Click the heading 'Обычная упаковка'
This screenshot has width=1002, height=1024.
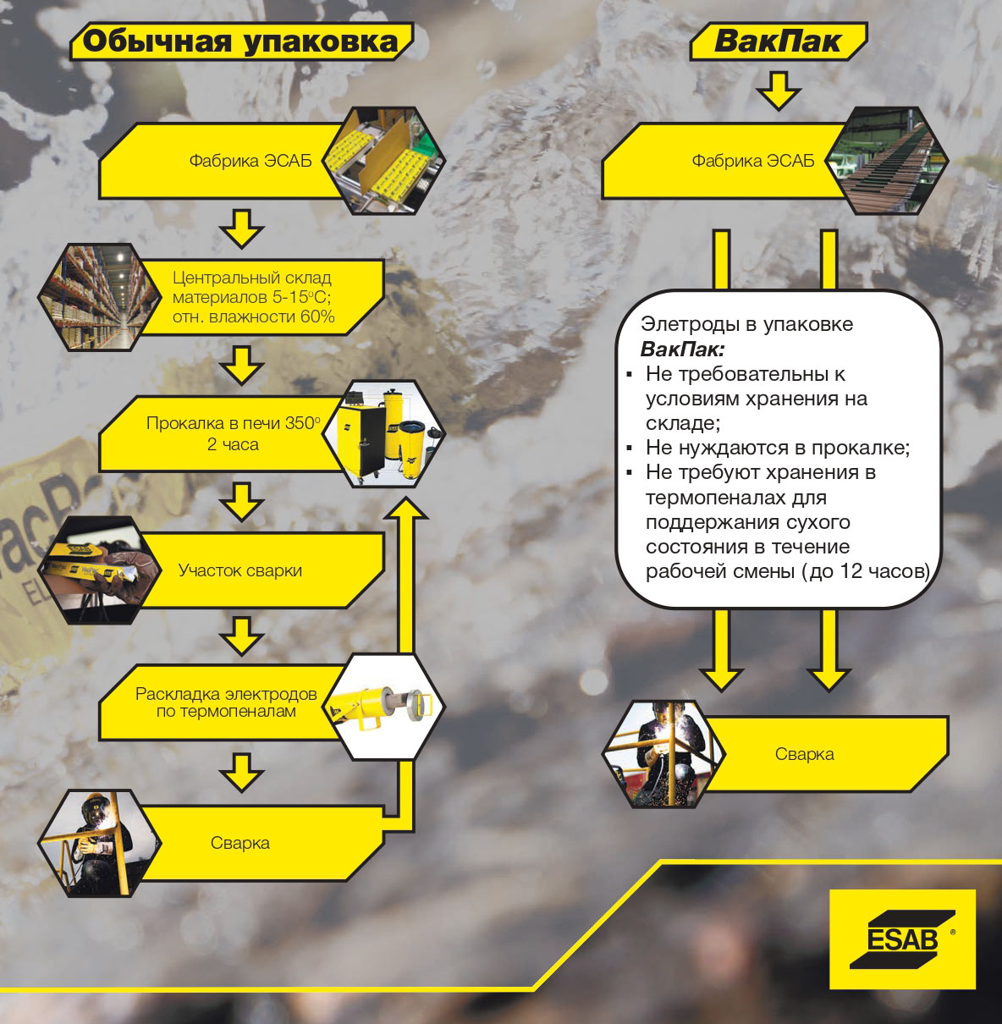tap(240, 41)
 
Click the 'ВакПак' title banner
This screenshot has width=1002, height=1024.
tap(777, 41)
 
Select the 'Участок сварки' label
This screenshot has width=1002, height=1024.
tap(239, 570)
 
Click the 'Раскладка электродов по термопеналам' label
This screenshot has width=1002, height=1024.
tap(226, 702)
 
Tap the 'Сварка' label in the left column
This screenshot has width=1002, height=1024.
tap(239, 843)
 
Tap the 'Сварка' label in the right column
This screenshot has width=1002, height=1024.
tap(804, 754)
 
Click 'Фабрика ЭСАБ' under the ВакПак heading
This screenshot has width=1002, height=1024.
tap(752, 161)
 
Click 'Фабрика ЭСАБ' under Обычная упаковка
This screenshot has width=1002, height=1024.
tap(250, 161)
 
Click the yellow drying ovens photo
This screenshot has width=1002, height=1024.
tap(392, 433)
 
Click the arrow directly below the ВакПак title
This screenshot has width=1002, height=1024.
tap(778, 90)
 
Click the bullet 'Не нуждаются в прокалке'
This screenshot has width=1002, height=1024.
tap(777, 448)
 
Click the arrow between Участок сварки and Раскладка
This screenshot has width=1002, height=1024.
tap(242, 635)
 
